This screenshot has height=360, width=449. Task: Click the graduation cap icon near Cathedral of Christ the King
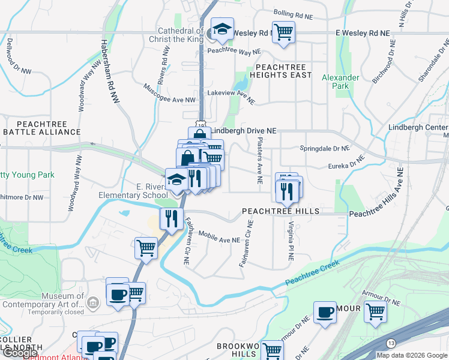point(222,29)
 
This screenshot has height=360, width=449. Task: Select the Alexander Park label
point(340,82)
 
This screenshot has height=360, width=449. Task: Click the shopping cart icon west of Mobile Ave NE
point(146,247)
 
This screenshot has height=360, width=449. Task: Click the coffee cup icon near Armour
point(325,312)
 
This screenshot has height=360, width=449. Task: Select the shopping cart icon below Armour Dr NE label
point(375,311)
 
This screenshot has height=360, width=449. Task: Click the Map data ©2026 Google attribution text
point(412,355)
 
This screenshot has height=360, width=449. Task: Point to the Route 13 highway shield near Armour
point(391,343)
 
